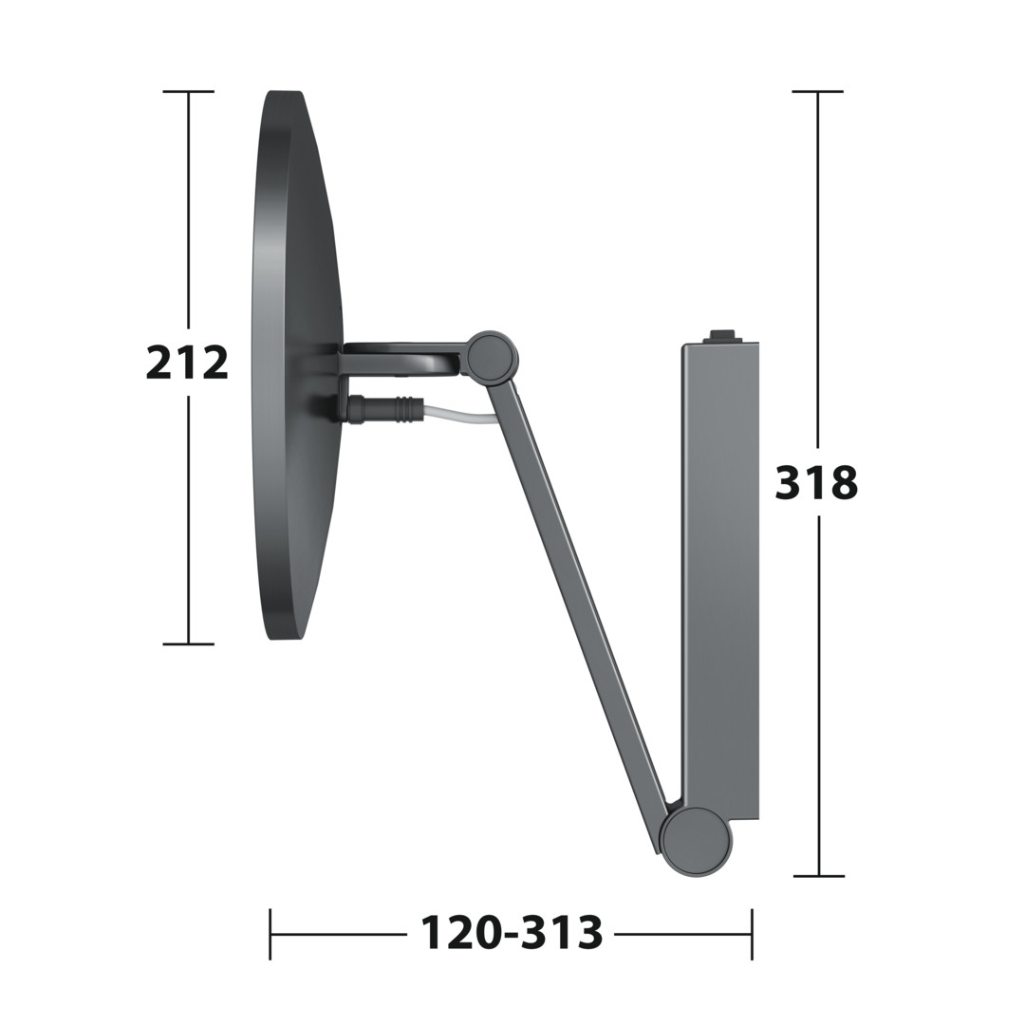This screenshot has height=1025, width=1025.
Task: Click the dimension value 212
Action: pos(187,363)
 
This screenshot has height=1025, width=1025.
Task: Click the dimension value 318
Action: pos(816,482)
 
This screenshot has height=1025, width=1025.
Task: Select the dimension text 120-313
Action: pos(512,933)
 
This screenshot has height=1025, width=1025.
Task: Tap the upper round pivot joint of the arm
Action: pos(492,356)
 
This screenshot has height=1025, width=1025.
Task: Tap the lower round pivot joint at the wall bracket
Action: pos(696,842)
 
